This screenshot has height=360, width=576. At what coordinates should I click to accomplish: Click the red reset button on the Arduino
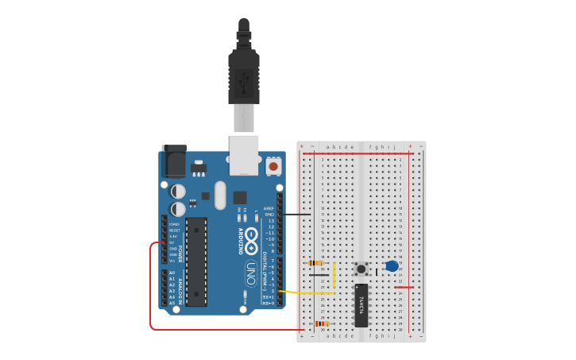tap(273, 166)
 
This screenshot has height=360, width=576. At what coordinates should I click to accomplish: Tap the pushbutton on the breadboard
tap(361, 269)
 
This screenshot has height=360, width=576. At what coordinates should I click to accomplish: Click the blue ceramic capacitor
tap(392, 266)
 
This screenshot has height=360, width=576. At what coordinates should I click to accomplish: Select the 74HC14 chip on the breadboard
tap(361, 304)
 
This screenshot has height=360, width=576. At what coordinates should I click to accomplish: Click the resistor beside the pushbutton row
tap(316, 263)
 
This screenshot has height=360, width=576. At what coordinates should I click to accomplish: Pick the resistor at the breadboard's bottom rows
tap(321, 323)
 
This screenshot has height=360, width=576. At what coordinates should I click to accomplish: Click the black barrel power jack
tap(174, 161)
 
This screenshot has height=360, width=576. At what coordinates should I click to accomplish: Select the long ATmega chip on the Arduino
tap(196, 261)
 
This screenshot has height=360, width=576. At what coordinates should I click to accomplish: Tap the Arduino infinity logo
tap(251, 236)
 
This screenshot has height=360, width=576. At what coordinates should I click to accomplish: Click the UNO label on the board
tap(251, 271)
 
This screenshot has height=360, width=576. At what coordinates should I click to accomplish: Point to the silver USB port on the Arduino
tap(244, 153)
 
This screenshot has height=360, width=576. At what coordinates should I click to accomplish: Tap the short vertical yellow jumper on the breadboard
tap(334, 276)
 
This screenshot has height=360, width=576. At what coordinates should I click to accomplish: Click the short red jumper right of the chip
tap(404, 287)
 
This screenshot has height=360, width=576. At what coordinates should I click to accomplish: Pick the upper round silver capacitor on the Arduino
tap(178, 192)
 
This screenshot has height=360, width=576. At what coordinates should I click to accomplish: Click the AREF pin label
tap(269, 208)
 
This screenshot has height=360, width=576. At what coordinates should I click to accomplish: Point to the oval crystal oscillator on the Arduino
tap(220, 195)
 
